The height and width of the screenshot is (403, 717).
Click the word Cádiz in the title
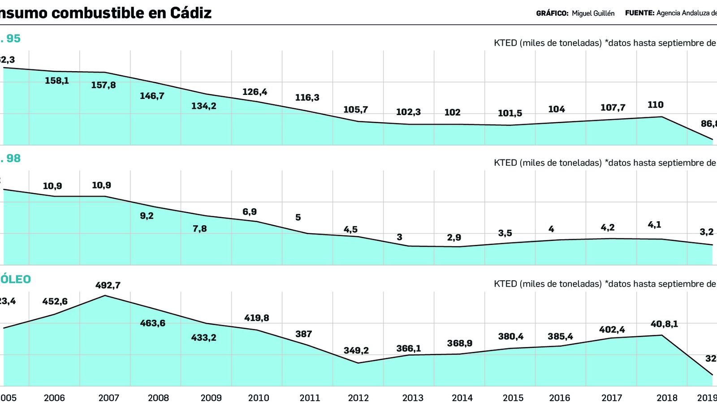[190, 13]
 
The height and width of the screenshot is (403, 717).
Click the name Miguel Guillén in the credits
[593, 13]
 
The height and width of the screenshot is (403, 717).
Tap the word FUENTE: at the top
[639, 13]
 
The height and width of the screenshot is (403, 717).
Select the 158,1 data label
[57, 81]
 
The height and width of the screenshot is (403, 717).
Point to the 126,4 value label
[255, 92]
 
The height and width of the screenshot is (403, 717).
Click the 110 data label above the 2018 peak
[655, 105]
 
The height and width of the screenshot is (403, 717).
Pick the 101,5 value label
[510, 113]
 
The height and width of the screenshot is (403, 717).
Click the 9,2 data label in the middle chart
[147, 216]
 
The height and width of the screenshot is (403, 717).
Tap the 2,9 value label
[454, 238]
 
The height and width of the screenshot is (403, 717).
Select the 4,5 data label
[350, 230]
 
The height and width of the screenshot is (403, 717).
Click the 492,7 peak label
[108, 285]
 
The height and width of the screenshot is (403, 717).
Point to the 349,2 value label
[356, 350]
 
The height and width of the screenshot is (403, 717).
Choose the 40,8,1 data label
[664, 324]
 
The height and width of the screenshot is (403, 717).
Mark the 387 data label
[303, 334]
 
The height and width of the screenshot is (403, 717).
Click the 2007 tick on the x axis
[108, 398]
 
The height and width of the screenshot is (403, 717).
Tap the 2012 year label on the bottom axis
[358, 398]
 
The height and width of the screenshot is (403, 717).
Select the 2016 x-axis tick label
[559, 398]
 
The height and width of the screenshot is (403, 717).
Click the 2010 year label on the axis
[258, 398]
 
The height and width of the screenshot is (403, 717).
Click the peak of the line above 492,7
[105, 296]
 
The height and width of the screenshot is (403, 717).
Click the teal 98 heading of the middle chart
[13, 159]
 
